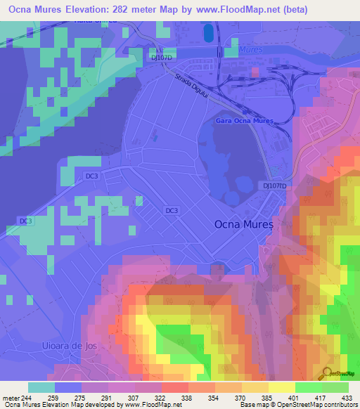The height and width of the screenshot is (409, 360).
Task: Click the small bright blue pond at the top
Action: pyautogui.click(x=208, y=32)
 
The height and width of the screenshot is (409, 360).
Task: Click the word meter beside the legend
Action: pyautogui.click(x=11, y=398)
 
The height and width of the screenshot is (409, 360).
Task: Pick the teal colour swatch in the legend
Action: pyautogui.click(x=41, y=387)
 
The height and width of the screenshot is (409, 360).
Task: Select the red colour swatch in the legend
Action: pyautogui.click(x=175, y=387)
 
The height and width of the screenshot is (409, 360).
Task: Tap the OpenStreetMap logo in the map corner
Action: pyautogui.click(x=338, y=372)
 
